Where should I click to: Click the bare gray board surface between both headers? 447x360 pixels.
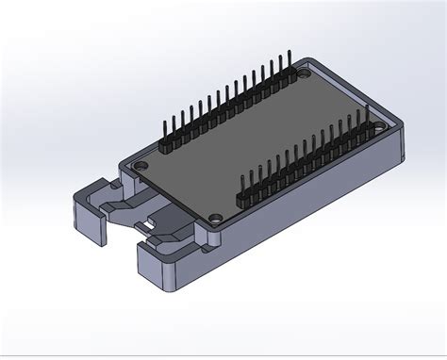coord(255,141)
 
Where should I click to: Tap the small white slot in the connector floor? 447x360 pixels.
coord(149,224)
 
